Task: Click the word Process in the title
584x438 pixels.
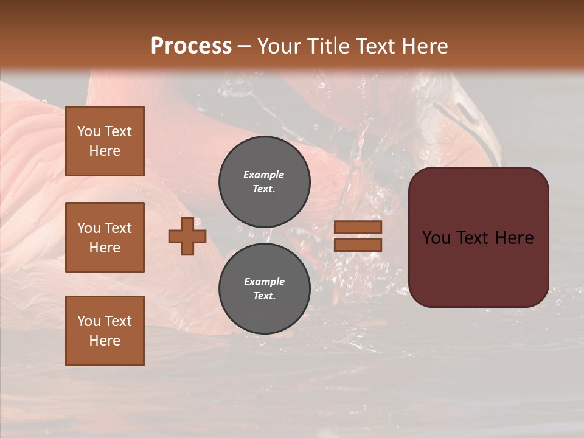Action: (191, 46)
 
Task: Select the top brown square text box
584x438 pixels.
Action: (105, 141)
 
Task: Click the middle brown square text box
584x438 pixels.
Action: (105, 237)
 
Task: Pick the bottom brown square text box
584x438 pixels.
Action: (105, 331)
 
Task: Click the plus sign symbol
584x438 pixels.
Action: (187, 236)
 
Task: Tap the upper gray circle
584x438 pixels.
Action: (264, 181)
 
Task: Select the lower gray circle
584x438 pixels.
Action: (264, 289)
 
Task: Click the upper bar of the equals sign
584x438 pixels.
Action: (358, 227)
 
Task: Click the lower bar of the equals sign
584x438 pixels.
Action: (358, 245)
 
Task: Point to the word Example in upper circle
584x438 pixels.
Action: (264, 175)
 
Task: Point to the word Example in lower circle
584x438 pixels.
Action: (264, 282)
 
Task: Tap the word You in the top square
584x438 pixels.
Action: (88, 131)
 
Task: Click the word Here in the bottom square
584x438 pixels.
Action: (105, 341)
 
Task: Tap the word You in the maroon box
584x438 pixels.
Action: (436, 238)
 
